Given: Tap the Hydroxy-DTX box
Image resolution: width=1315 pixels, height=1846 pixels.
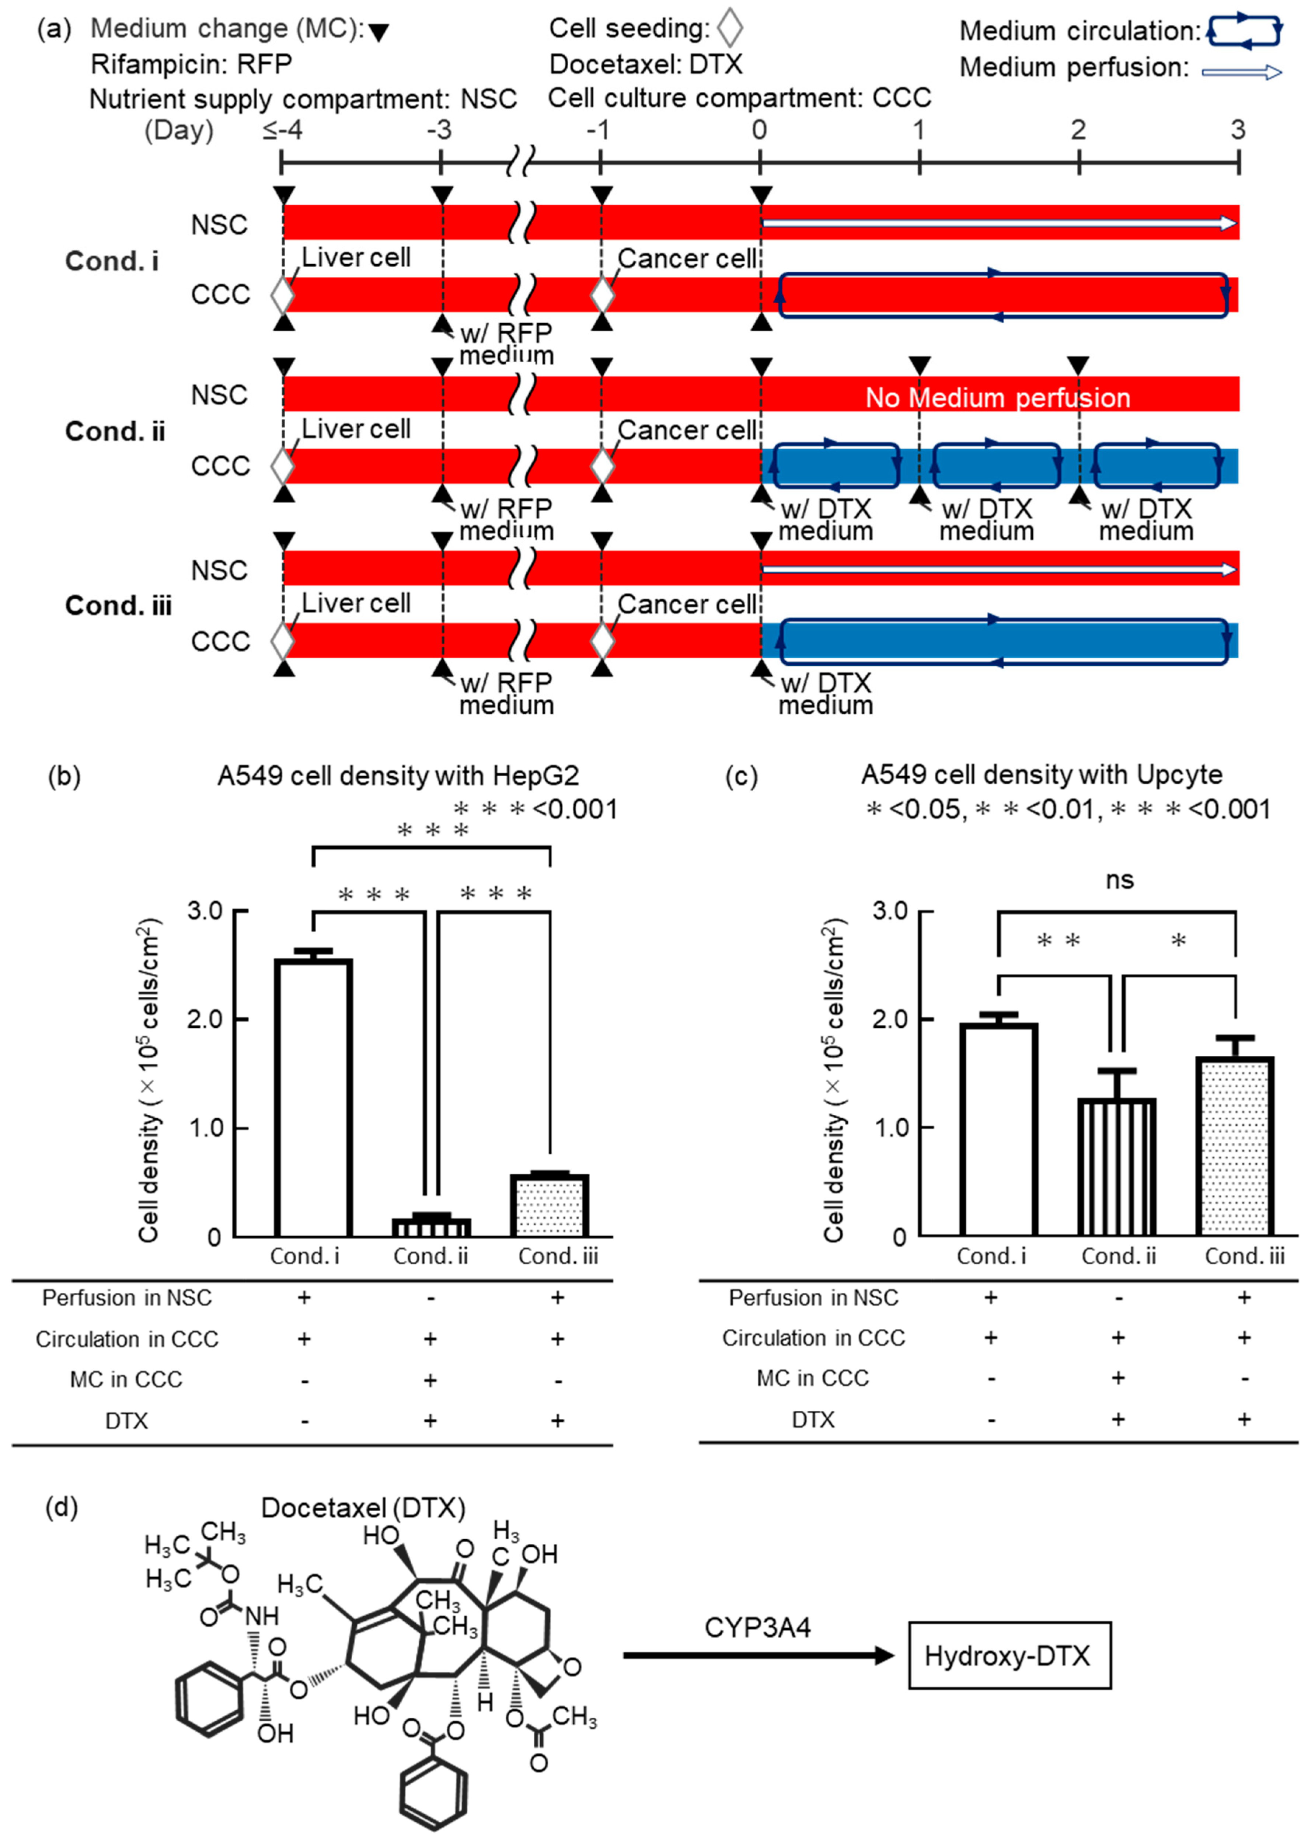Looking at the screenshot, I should pyautogui.click(x=1009, y=1656).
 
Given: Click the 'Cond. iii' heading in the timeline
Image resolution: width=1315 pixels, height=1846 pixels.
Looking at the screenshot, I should pyautogui.click(x=118, y=606).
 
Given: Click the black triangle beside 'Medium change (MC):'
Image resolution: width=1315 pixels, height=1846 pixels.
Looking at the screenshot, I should pyautogui.click(x=378, y=32).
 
